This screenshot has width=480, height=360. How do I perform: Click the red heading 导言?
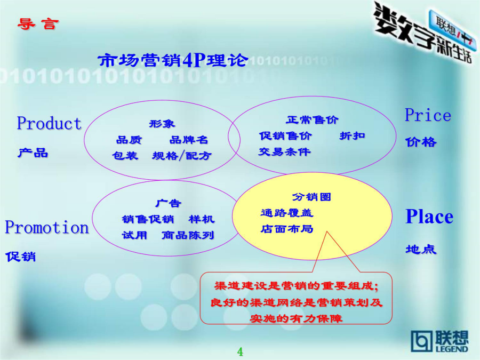38,24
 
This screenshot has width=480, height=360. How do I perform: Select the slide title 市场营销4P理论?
173,60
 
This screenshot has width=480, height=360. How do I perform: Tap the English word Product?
49,123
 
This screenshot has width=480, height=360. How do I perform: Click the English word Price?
428,115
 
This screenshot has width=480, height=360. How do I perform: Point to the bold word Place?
429,217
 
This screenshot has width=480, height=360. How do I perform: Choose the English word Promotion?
47,227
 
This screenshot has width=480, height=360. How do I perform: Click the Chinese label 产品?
33,153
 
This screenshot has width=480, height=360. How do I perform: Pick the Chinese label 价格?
421,142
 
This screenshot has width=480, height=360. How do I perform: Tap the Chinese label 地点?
421,249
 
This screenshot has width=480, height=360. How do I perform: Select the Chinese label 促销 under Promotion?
20,257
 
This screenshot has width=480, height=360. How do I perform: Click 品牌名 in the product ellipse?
189,140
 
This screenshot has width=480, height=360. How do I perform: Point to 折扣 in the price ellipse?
352,135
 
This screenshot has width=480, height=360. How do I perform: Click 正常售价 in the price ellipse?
312,119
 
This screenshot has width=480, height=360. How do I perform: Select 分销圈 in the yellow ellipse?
311,197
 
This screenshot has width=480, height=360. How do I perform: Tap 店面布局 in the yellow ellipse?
287,229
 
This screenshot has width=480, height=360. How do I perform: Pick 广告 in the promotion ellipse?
169,203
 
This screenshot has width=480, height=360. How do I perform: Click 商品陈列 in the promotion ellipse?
188,235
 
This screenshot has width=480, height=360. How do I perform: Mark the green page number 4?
240,352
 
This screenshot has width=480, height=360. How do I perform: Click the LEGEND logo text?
452,349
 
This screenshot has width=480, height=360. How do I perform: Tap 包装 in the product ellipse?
125,156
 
